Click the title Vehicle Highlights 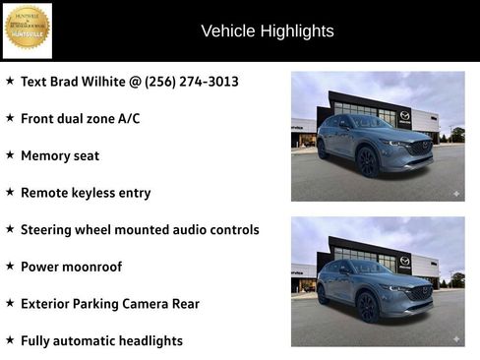267,31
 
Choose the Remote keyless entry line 86,193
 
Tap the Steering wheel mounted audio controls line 140,229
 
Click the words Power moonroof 72,267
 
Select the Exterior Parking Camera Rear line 110,304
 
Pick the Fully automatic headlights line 101,341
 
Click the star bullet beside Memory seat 10,155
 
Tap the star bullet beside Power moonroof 10,267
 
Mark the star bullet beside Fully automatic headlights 10,340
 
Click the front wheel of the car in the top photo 367,162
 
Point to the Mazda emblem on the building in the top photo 404,116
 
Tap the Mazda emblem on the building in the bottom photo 404,262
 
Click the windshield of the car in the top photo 373,122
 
